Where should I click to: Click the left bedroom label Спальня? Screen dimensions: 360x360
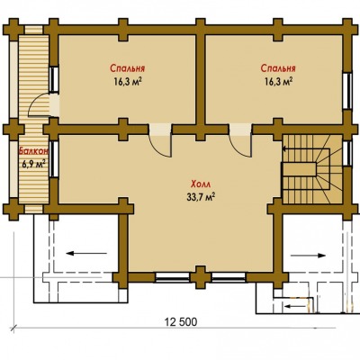coord(128,68)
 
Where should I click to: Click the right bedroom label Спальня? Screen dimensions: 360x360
coord(278,68)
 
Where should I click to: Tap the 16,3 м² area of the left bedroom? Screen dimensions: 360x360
coord(128,82)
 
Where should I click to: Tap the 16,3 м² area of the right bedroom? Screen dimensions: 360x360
coord(278,82)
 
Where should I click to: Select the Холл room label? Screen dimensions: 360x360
coord(202,184)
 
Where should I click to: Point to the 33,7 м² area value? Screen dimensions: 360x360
coord(202,197)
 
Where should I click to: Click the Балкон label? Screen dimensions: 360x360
coord(33,151)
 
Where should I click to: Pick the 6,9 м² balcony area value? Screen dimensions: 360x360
coord(33,164)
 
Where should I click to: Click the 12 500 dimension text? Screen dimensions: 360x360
coord(181,322)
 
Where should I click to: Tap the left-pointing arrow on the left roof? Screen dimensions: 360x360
coord(86,254)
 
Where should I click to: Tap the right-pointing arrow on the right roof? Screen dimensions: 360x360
coord(308,256)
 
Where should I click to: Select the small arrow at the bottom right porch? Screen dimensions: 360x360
coord(296,306)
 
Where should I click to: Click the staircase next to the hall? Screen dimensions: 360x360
coord(312,169)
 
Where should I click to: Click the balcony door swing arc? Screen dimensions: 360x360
coord(34,101)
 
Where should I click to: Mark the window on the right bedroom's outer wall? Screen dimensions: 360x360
coord(347,91)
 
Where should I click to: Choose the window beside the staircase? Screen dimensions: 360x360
coord(347,153)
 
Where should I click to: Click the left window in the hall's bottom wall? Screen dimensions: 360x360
coord(173,277)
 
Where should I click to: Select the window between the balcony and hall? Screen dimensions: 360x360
coord(53,159)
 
